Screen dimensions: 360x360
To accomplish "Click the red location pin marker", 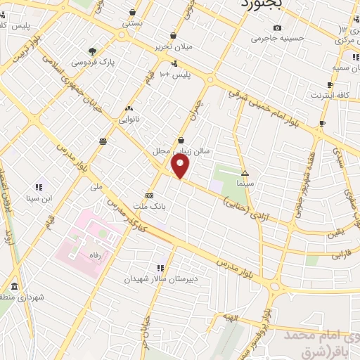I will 181,167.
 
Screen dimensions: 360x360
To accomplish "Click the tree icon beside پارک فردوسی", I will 92,51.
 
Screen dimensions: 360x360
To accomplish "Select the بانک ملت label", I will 148,206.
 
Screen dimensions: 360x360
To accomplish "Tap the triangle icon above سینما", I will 245,172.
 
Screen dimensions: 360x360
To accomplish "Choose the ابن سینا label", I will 39,198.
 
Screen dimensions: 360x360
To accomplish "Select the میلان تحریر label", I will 174,46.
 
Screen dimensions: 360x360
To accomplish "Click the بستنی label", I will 133,23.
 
